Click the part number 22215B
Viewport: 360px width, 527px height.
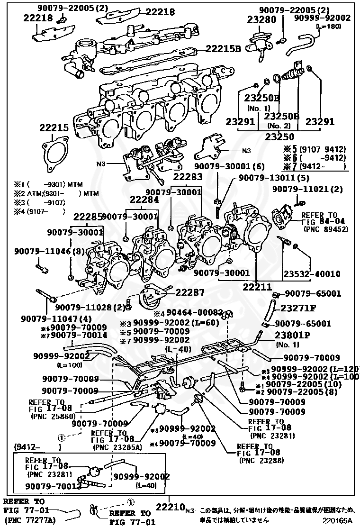[223, 49]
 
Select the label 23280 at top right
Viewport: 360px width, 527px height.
[261, 19]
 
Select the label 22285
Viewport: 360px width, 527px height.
[87, 217]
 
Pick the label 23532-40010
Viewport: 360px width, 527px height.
[312, 274]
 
